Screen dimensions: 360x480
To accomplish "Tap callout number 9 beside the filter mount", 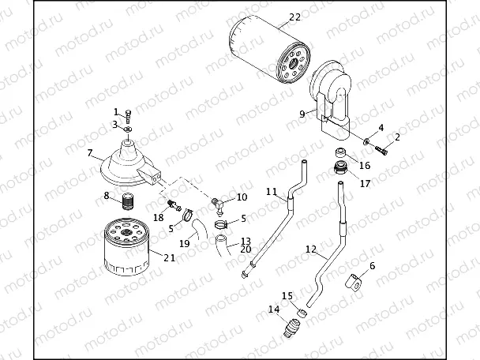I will [x=302, y=114].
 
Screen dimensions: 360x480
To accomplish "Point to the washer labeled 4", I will [x=368, y=142].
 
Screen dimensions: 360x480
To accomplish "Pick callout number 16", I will [x=365, y=165].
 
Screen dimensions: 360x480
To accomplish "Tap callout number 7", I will [x=91, y=152].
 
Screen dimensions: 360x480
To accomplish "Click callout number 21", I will [x=167, y=257].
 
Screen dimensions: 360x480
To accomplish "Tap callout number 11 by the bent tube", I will [x=271, y=191].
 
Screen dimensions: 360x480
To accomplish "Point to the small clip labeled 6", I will [x=355, y=280].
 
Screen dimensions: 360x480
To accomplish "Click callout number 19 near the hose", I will [x=183, y=243].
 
